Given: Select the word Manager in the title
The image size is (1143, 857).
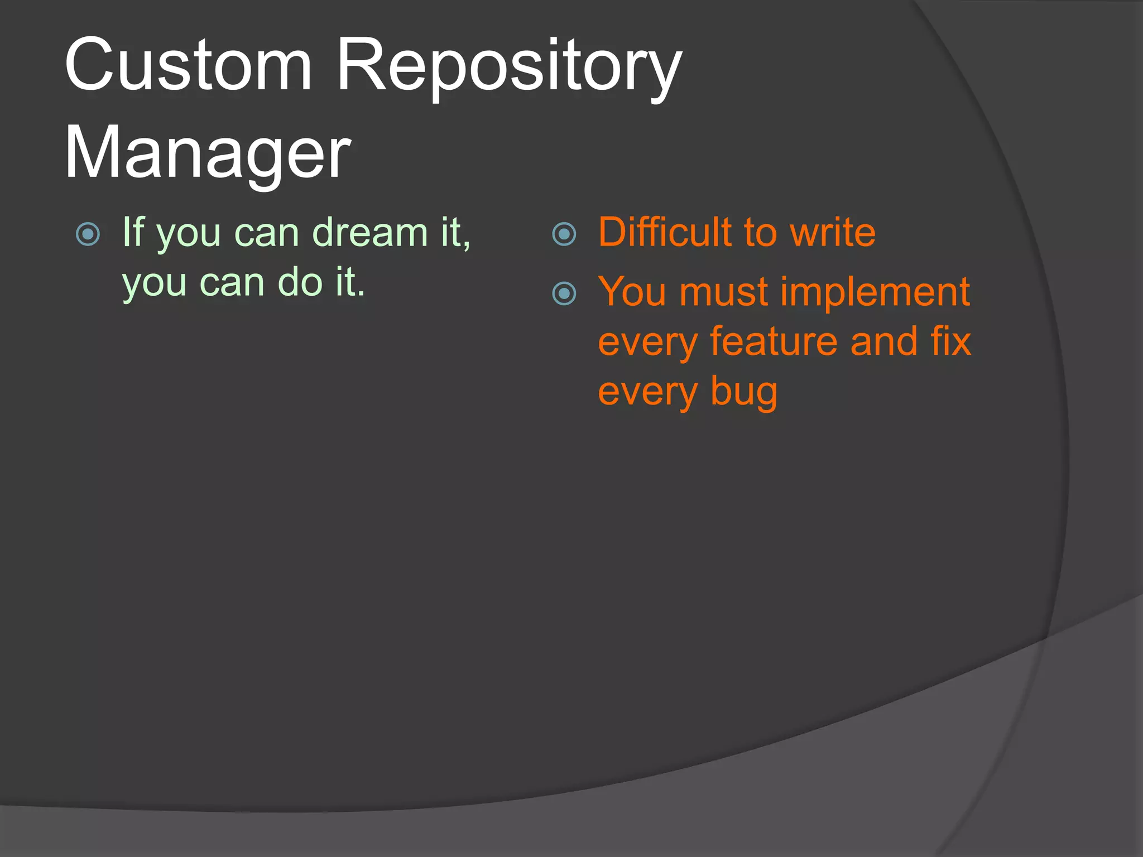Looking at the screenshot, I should point(207,153).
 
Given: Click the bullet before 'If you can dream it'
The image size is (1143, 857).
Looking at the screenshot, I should point(88,234).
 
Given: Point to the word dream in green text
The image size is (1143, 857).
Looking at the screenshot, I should point(369,232).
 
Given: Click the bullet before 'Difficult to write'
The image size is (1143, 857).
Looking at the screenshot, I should point(564,234).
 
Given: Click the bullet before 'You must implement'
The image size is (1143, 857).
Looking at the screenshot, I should point(564,293).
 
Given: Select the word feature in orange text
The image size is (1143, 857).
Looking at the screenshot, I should point(774,341).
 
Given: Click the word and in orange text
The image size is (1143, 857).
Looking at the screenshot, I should point(884,341).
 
